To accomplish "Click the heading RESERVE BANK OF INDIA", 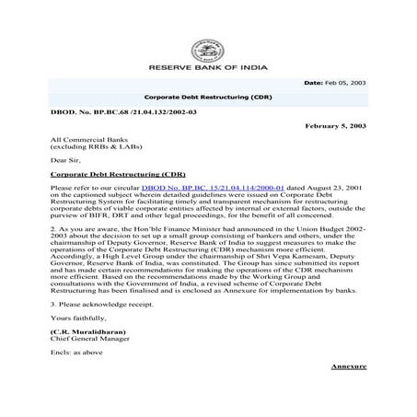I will pyautogui.click(x=208, y=67).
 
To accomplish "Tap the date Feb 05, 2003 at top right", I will pyautogui.click(x=345, y=83).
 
